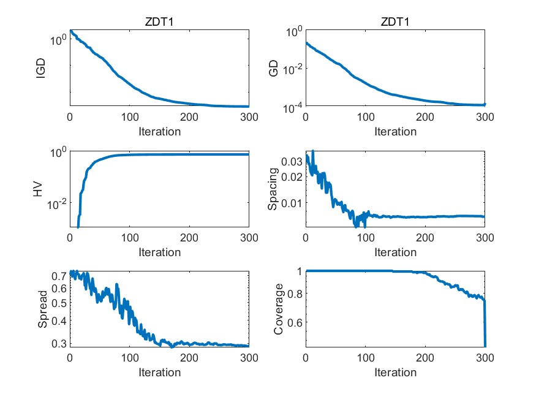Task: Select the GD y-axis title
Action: click(x=274, y=69)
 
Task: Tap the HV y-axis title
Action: click(x=37, y=190)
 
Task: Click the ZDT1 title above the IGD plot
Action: click(x=159, y=23)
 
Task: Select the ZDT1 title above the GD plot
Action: click(x=395, y=23)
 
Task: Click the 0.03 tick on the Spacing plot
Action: click(x=292, y=161)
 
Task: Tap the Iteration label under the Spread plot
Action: click(x=159, y=373)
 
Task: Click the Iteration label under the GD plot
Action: click(x=395, y=131)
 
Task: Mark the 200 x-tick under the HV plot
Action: click(x=189, y=240)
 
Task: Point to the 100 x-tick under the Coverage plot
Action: click(x=366, y=360)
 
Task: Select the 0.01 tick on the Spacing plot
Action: click(x=292, y=202)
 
